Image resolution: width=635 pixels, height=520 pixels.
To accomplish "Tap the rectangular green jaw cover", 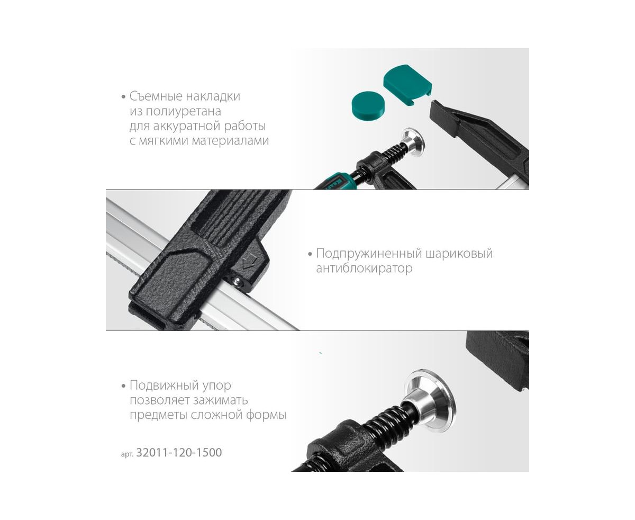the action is [407, 85].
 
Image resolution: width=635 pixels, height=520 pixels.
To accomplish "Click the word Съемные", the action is [156, 96].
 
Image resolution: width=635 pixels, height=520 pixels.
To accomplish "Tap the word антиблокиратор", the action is [364, 268].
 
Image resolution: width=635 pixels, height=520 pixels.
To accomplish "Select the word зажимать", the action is [221, 400].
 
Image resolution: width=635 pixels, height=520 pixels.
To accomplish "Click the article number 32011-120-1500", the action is [179, 452].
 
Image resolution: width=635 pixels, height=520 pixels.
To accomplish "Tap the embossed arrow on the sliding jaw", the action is [249, 262].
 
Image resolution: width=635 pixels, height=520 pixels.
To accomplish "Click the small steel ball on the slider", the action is [238, 281].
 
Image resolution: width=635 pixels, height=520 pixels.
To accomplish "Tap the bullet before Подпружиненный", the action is [310, 254].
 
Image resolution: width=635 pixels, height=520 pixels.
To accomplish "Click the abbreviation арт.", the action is [127, 454].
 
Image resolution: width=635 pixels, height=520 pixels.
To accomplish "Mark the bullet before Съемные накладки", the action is [123, 97].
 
